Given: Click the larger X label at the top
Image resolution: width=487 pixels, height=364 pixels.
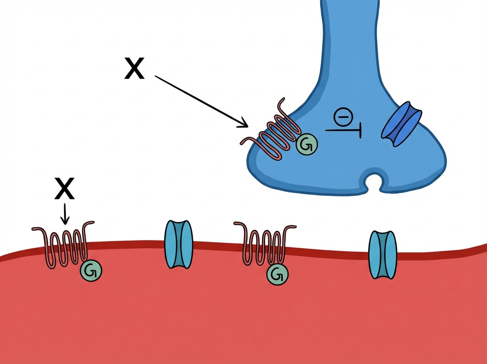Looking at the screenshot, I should (x=134, y=69).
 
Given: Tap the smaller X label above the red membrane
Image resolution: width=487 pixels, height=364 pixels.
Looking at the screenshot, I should (x=64, y=189).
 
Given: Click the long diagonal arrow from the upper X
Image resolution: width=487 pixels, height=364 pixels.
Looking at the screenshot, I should (x=199, y=100).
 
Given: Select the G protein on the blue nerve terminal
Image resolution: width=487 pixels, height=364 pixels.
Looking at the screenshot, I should (x=306, y=144).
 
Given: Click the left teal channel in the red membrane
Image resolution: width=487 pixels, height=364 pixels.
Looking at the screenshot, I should (x=178, y=244).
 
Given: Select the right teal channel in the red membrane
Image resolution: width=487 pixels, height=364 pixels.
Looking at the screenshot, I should (x=382, y=255).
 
